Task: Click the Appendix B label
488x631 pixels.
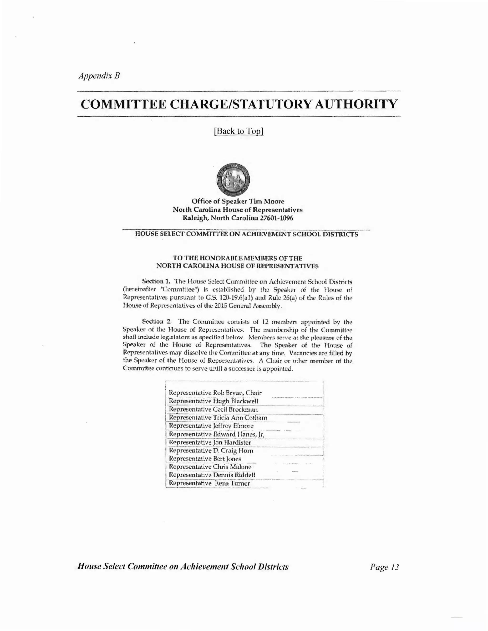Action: click(99, 76)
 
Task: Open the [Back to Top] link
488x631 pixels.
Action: click(239, 131)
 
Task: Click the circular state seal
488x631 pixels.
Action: click(233, 180)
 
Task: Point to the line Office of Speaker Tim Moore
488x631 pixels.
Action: click(238, 201)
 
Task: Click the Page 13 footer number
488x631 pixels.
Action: click(384, 567)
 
